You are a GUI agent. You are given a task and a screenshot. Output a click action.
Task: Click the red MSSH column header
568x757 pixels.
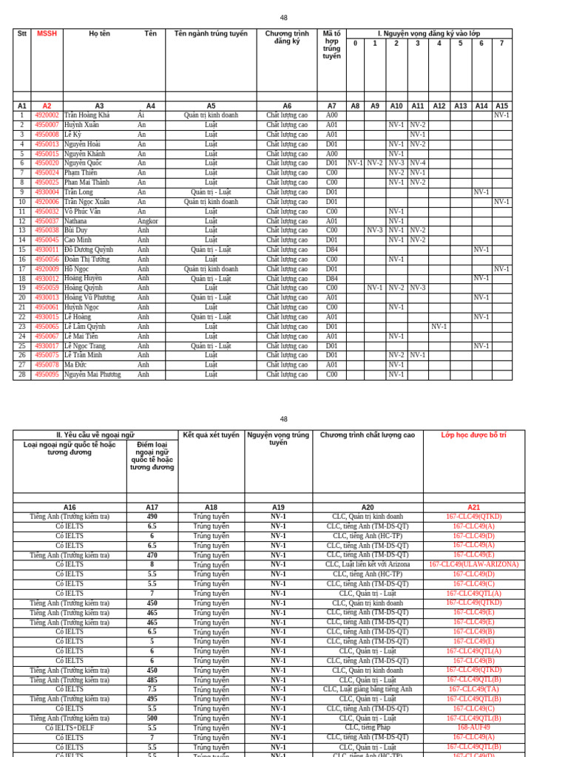tap(47, 33)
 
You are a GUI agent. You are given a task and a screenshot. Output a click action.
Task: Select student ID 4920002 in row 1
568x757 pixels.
tap(47, 115)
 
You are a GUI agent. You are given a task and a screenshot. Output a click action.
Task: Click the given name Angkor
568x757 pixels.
tap(147, 221)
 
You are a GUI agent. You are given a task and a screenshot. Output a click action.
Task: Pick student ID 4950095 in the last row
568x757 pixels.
tap(47, 375)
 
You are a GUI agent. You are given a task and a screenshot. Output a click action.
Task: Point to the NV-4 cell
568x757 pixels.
tap(418, 163)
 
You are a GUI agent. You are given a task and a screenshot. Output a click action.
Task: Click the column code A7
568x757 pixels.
tap(331, 106)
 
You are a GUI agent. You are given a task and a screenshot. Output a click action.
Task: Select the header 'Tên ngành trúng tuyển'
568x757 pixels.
tap(211, 33)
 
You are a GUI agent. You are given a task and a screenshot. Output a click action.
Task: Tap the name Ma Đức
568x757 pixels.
tap(76, 365)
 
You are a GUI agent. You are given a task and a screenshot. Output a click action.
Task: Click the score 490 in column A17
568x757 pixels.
tap(152, 517)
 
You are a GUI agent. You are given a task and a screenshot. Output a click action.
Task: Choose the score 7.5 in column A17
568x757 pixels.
tap(152, 690)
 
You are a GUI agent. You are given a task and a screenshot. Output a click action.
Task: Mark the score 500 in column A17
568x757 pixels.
tap(152, 718)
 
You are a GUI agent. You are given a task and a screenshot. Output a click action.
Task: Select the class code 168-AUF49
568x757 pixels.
tap(473, 727)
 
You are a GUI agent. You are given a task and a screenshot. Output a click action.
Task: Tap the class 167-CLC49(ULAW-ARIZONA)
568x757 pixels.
tap(473, 564)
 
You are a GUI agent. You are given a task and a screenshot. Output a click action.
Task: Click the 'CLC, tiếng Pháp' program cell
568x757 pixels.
tap(368, 727)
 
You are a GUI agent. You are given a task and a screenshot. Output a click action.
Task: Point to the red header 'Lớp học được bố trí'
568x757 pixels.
tap(473, 435)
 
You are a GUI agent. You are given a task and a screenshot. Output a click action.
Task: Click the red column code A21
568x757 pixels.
tap(473, 507)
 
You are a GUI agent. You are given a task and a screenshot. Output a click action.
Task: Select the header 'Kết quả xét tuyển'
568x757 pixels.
tap(211, 435)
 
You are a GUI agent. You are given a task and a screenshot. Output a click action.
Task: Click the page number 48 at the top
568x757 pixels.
tap(284, 18)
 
